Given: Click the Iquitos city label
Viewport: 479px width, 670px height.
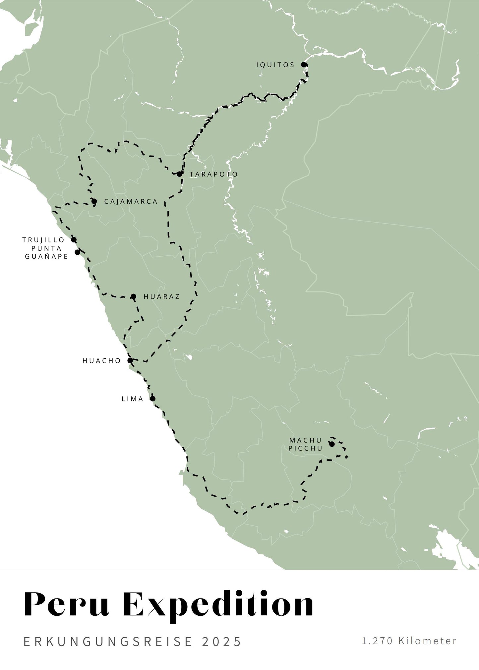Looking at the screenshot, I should [275, 65].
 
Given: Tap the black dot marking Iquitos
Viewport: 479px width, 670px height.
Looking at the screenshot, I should [304, 65].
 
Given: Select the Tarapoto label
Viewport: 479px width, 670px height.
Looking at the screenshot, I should [213, 174].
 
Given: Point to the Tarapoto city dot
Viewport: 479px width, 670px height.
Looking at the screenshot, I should [179, 174].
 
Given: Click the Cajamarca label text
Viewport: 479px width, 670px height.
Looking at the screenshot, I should [131, 202].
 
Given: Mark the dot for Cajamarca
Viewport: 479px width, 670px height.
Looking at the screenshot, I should [94, 201].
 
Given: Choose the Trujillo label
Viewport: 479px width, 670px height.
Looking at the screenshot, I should [43, 240].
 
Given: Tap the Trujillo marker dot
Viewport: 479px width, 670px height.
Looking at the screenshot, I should [74, 239].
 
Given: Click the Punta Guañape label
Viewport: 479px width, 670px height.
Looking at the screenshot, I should [46, 252].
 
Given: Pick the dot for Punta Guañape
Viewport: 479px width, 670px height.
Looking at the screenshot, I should [78, 252].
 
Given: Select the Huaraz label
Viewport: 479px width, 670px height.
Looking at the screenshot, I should [161, 297].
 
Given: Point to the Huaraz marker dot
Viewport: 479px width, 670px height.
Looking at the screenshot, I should [133, 296].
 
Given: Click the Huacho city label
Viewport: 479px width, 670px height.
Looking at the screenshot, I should [102, 361].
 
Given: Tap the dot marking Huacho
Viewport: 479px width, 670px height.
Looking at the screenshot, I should [130, 360].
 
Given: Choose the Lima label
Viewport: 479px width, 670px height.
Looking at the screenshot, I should [133, 399].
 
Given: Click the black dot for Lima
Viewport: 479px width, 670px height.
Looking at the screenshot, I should [153, 398].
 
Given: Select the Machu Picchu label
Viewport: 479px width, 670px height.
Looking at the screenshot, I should [305, 444].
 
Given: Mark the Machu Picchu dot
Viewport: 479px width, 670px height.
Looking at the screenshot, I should [332, 444].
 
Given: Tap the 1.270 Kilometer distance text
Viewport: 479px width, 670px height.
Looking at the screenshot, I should [409, 641].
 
